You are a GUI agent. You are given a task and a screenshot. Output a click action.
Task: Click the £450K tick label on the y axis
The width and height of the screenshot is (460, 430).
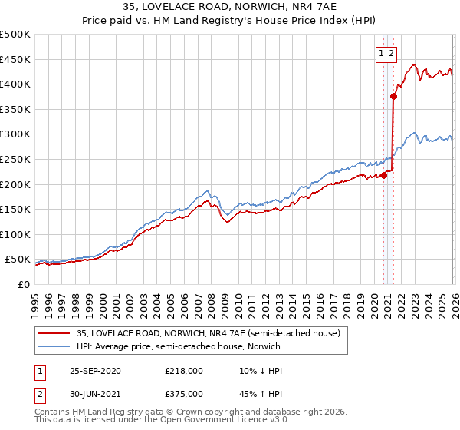coord(15,59)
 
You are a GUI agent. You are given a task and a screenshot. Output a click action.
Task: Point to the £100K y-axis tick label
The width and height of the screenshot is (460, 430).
coord(15,234)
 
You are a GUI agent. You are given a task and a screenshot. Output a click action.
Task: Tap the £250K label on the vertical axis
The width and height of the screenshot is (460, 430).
coord(15,159)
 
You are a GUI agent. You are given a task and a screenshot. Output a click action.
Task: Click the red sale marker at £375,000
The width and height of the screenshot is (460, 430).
coord(393,97)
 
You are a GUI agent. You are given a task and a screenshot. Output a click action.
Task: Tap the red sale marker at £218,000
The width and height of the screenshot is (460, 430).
coord(383,175)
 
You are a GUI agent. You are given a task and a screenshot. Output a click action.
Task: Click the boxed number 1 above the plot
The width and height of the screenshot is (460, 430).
coord(381,54)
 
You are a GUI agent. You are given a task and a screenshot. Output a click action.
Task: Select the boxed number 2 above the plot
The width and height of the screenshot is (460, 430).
coord(391,54)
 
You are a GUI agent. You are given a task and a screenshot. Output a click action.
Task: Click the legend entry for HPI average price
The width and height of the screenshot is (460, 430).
coord(177,346)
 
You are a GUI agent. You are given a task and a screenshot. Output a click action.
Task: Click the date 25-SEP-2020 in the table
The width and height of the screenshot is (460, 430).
coord(95,371)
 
